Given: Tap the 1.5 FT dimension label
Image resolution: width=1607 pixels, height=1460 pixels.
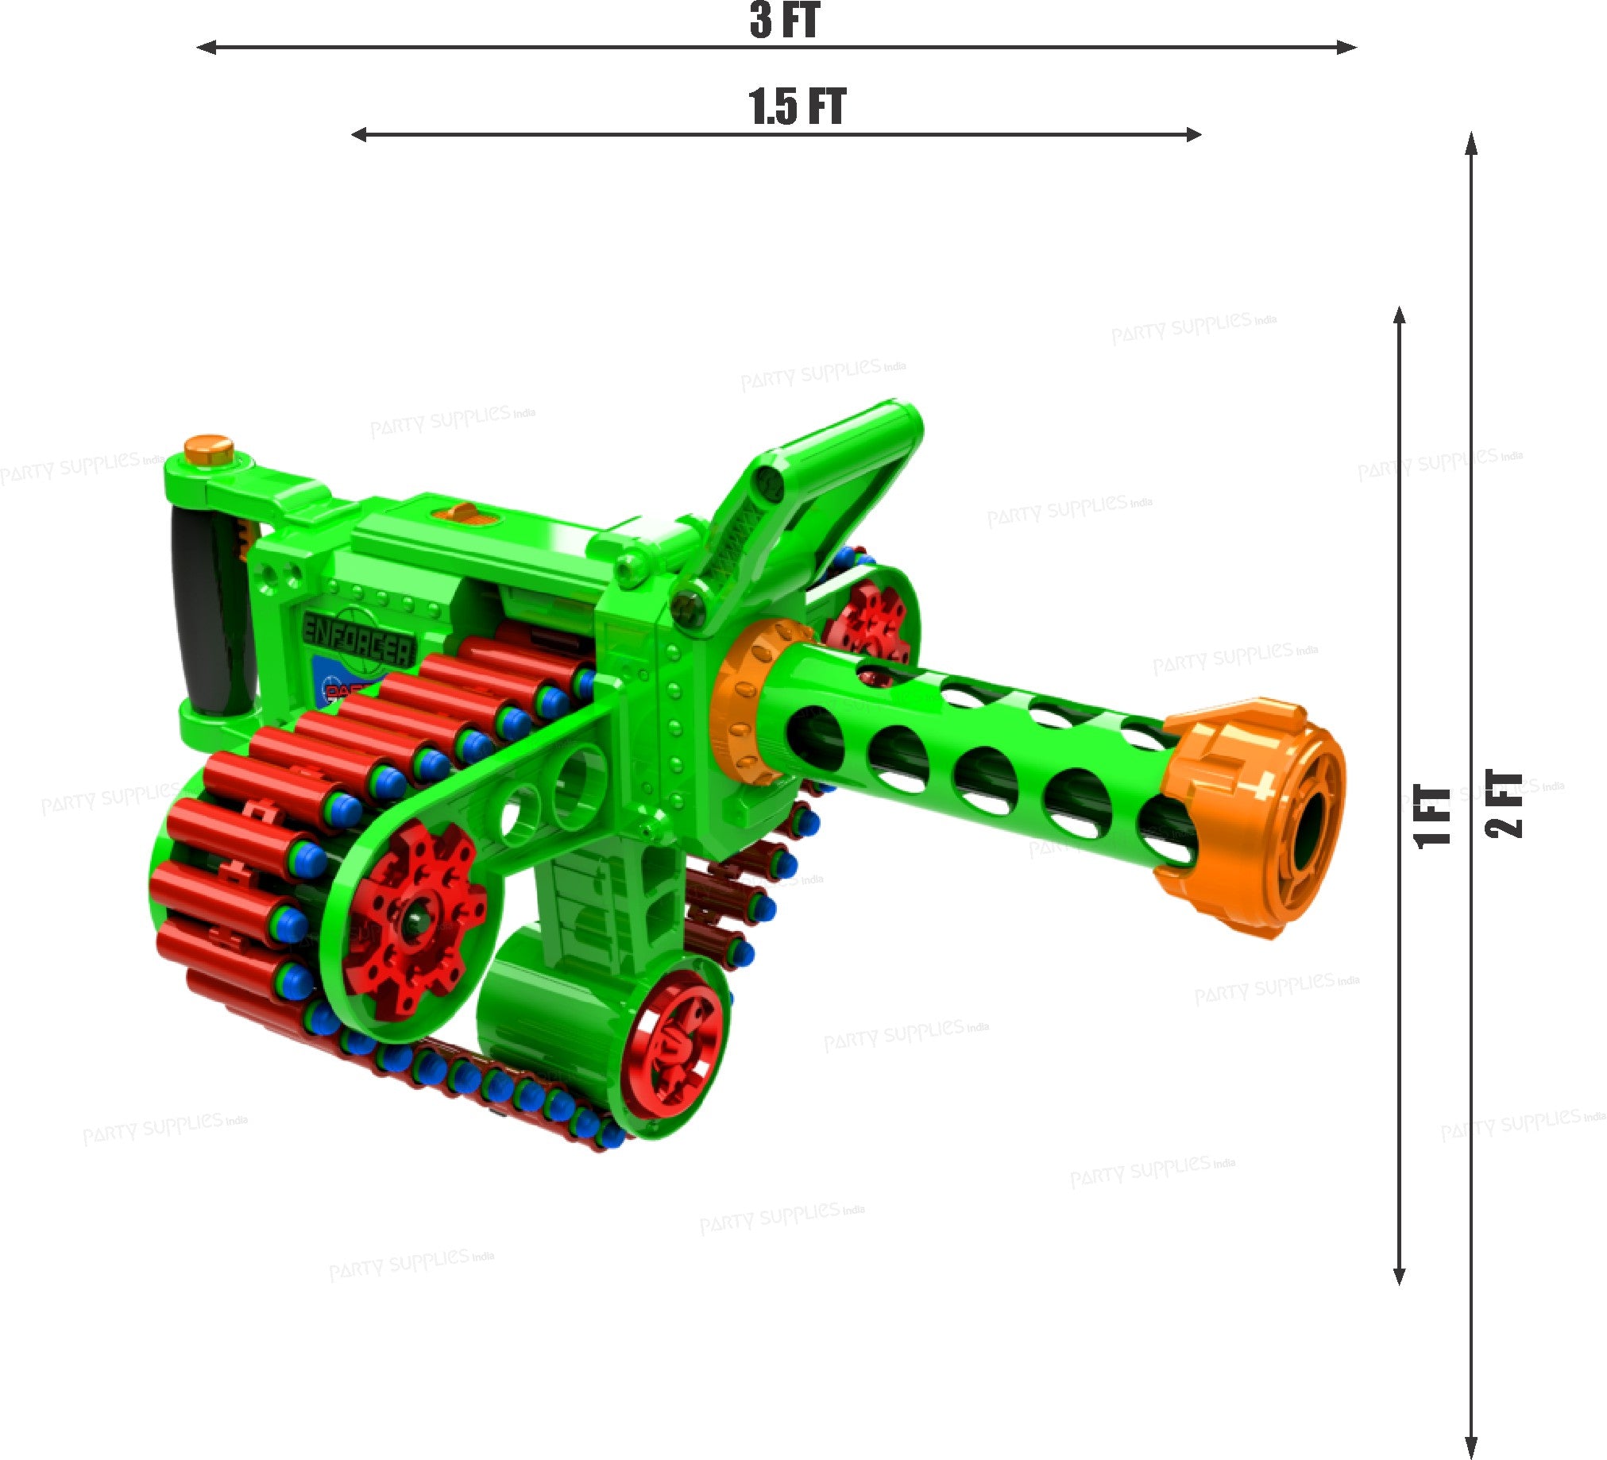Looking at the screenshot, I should [796, 107].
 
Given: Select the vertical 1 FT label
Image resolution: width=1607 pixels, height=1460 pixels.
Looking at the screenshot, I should [1432, 817].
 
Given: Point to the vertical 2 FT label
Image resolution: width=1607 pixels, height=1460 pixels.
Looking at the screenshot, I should [1505, 805].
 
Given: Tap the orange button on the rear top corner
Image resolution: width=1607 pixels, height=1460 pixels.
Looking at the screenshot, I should [208, 448].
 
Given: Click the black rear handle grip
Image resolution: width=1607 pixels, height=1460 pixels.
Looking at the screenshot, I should [209, 610].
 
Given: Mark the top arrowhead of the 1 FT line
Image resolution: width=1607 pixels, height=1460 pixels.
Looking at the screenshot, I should [1399, 315].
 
